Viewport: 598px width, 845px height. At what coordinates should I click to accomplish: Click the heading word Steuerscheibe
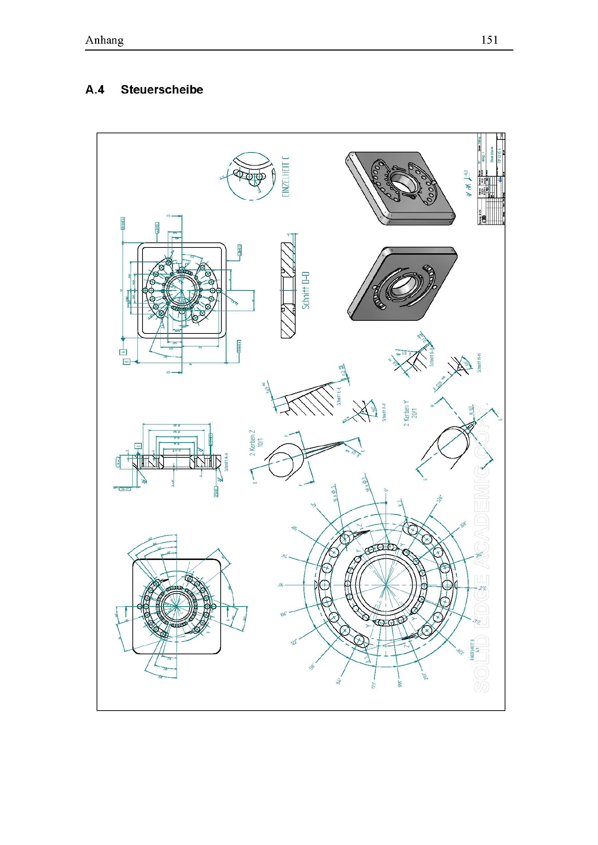coord(162,90)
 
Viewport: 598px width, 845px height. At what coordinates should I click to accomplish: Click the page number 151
coord(490,40)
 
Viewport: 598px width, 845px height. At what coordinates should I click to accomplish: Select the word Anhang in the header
coord(104,40)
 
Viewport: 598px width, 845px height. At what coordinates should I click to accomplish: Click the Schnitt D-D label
coord(305,290)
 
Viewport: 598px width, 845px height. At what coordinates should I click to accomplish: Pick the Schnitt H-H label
coord(479,363)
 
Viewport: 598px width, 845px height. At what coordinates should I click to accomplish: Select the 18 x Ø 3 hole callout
coord(364,485)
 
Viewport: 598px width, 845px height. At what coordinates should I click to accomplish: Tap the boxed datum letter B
coord(126,361)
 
